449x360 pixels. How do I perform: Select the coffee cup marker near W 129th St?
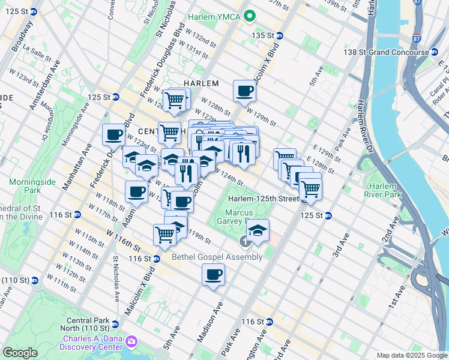pyautogui.click(x=244, y=91)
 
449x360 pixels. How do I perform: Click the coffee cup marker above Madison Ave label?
pyautogui.click(x=214, y=275)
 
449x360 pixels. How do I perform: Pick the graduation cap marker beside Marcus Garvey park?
pyautogui.click(x=258, y=231)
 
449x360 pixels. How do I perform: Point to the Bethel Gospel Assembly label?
pyautogui.click(x=217, y=257)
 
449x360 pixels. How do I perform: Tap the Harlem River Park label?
pyautogui.click(x=382, y=190)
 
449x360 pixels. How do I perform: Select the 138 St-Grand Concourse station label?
pyautogui.click(x=395, y=52)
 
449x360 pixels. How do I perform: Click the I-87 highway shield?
pyautogui.click(x=433, y=39)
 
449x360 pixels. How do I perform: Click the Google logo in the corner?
pyautogui.click(x=20, y=353)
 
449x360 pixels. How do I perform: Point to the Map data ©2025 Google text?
pyautogui.click(x=411, y=355)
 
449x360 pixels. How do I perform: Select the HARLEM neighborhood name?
pyautogui.click(x=200, y=83)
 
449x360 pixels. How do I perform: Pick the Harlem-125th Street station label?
pyautogui.click(x=262, y=199)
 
